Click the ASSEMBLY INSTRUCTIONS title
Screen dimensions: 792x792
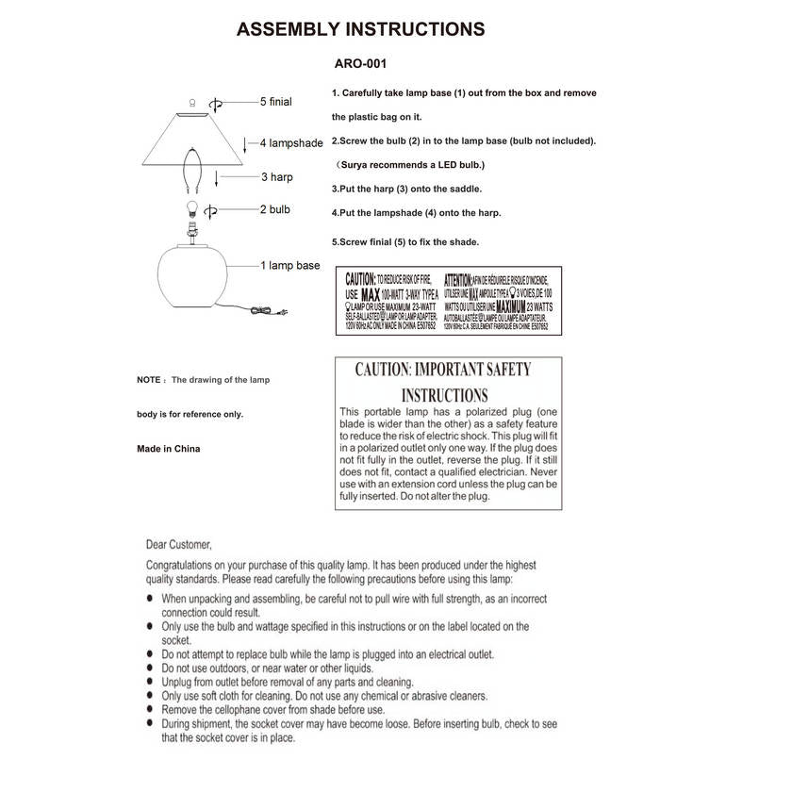point(360,29)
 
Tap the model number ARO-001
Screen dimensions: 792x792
point(361,65)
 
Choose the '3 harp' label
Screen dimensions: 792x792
point(277,176)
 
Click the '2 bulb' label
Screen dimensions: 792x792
point(275,209)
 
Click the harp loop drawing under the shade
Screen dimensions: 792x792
point(192,168)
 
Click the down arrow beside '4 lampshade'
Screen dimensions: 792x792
point(247,144)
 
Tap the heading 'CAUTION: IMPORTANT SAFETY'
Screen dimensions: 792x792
point(443,369)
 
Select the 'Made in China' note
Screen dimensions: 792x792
point(169,449)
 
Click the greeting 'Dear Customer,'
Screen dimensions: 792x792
point(179,544)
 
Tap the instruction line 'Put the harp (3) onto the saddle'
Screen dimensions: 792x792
point(406,189)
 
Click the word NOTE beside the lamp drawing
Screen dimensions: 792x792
point(149,380)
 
